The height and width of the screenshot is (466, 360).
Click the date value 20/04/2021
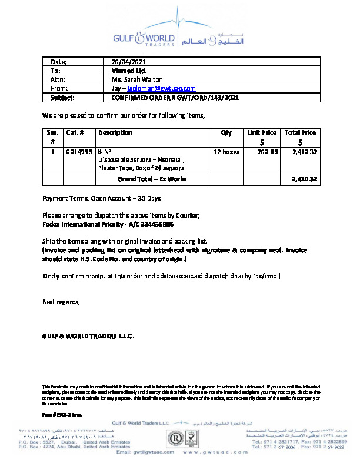(129, 62)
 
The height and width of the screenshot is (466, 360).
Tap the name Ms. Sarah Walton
(137, 79)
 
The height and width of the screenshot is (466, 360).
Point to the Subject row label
(62, 97)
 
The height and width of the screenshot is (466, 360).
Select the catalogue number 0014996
(79, 152)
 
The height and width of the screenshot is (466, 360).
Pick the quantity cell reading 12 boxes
(226, 152)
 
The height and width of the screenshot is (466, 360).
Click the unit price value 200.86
(268, 152)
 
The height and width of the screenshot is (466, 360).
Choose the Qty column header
(226, 133)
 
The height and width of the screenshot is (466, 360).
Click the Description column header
(115, 133)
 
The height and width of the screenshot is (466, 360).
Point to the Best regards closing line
(61, 302)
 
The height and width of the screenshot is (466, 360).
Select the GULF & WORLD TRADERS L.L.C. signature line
(88, 337)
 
